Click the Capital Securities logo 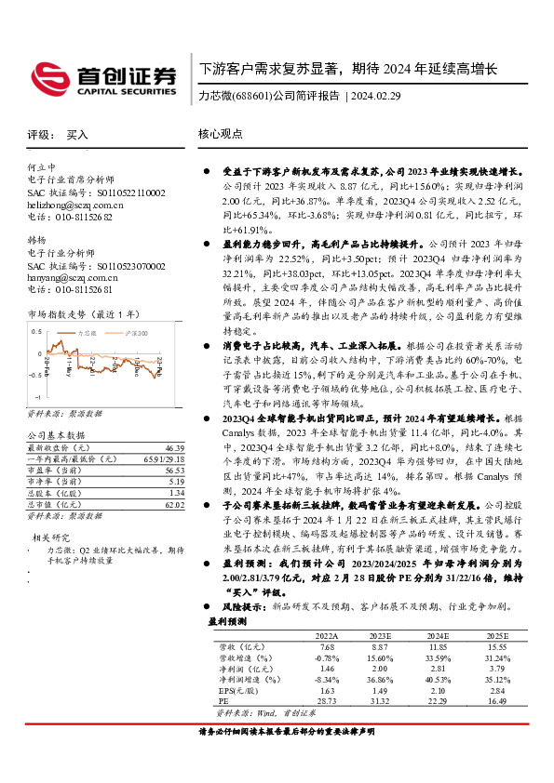tap(102, 79)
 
